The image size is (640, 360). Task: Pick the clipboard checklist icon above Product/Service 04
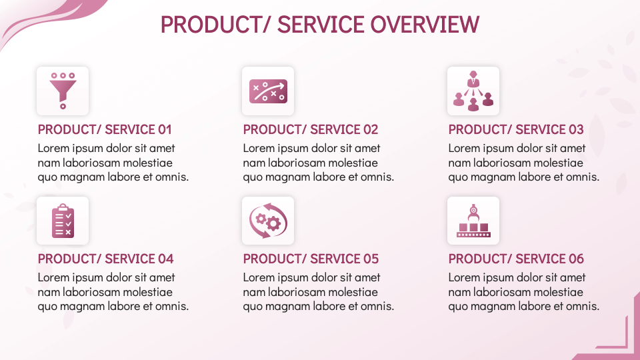click(63, 221)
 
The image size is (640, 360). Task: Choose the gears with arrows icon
click(267, 221)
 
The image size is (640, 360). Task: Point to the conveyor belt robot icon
click(473, 221)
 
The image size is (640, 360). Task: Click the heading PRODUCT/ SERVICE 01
click(105, 129)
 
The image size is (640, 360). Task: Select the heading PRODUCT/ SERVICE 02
click(310, 129)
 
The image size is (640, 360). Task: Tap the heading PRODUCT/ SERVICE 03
click(515, 129)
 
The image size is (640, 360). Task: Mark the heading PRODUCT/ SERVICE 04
click(105, 259)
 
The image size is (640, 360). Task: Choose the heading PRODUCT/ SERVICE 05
click(311, 259)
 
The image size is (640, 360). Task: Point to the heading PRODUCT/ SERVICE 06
click(516, 259)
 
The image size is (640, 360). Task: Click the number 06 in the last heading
click(575, 259)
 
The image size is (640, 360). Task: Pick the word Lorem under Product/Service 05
click(259, 277)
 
